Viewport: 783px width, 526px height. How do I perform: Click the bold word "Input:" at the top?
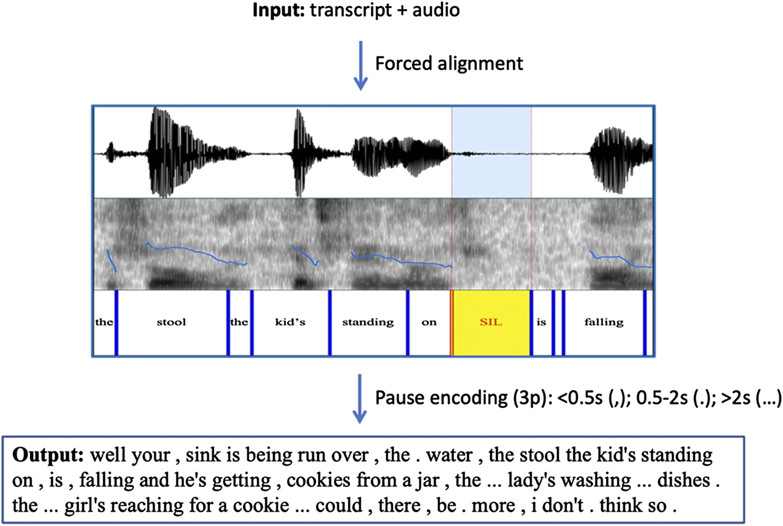[x=279, y=10]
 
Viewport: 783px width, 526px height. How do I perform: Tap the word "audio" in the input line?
[x=436, y=10]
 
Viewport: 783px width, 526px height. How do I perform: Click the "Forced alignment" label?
[x=449, y=64]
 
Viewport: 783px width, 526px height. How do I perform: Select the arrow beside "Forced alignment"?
[x=361, y=65]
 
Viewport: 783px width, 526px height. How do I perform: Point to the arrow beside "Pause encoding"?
[x=360, y=398]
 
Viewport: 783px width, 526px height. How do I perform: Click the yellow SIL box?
[x=491, y=322]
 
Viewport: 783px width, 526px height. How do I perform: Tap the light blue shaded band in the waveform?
[x=491, y=151]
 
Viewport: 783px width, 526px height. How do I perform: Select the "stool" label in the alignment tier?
[x=171, y=322]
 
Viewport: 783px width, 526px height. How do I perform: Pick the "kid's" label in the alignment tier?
[x=290, y=322]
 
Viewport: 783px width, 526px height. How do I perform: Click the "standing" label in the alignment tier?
[x=368, y=322]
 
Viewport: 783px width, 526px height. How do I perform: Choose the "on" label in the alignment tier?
[x=429, y=322]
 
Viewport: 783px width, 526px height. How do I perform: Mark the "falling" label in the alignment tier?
[x=604, y=322]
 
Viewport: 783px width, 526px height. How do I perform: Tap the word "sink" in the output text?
[x=203, y=455]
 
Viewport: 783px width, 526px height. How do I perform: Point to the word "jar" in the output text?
[x=427, y=481]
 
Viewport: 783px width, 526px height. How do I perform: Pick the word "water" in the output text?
[x=449, y=455]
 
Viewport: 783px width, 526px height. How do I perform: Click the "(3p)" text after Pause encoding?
[x=531, y=398]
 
